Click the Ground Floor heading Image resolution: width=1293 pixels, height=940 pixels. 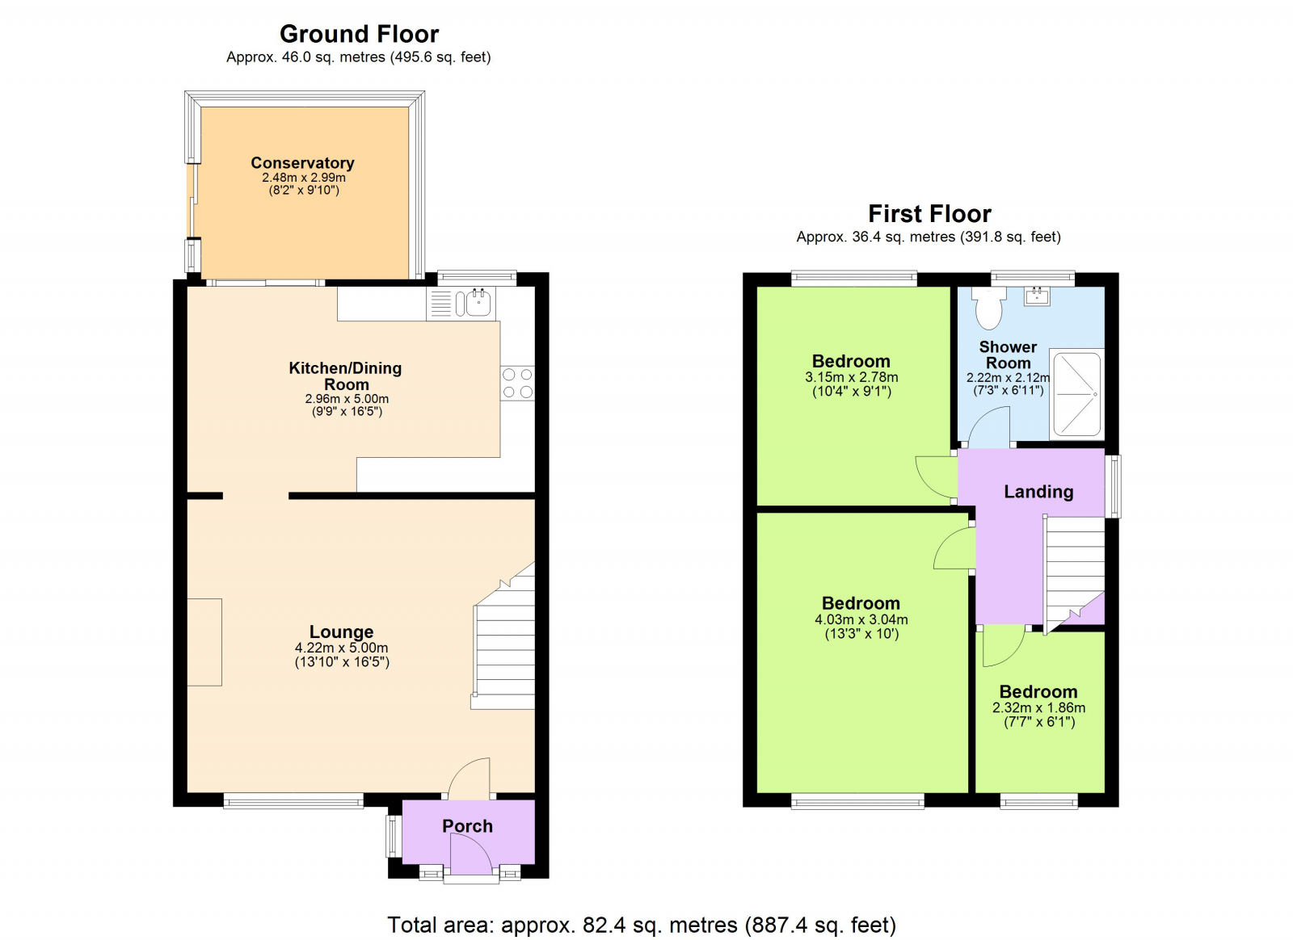point(359,34)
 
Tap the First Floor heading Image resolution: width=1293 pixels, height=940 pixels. point(929,214)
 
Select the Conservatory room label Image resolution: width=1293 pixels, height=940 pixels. point(302,163)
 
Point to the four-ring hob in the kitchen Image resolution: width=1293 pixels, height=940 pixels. point(517,384)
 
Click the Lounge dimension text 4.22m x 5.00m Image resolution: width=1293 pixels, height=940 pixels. point(341,648)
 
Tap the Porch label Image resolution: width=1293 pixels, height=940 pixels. point(467,826)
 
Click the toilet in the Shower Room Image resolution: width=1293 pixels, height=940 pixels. point(988,308)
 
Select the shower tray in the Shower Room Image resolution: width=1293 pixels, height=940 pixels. point(1077,393)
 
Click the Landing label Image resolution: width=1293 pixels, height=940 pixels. point(1038,492)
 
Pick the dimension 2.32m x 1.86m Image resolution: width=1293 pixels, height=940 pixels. point(1038,707)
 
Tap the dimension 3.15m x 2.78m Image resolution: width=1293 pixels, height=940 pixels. point(851,377)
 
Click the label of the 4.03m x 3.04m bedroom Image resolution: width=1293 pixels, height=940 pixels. point(861,603)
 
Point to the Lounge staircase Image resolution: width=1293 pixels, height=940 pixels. point(505,646)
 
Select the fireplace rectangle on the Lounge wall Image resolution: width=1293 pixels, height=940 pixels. point(204,642)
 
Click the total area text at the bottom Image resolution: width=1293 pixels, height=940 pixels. point(642,925)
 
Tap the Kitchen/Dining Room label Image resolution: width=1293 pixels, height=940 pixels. point(346,376)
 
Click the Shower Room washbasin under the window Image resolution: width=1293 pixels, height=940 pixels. point(1037,296)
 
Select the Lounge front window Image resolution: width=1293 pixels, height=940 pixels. point(293,801)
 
